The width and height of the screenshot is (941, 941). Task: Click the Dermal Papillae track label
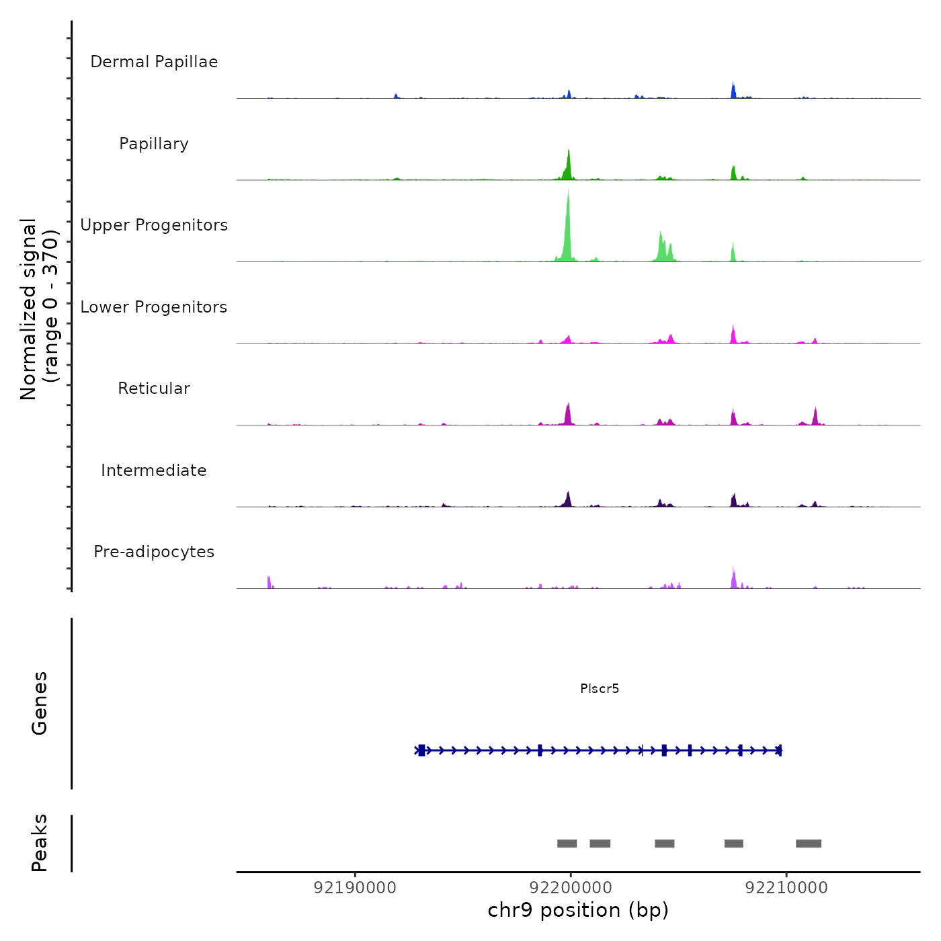click(154, 62)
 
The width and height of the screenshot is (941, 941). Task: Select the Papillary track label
click(154, 144)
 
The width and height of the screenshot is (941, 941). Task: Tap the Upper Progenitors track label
click(154, 225)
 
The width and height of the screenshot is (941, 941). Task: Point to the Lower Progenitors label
click(154, 307)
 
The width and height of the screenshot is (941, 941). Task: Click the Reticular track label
click(154, 388)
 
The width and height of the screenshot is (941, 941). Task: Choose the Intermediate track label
click(154, 470)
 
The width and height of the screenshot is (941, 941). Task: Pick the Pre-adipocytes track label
click(154, 552)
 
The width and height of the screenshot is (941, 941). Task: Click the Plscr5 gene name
click(600, 688)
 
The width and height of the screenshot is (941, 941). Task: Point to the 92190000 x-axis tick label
click(355, 888)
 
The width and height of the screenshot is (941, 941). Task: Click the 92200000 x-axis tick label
click(571, 888)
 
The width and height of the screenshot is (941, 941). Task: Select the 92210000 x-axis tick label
click(786, 888)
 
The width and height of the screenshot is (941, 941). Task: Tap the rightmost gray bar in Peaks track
click(809, 844)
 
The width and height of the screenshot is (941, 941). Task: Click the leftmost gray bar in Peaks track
click(567, 844)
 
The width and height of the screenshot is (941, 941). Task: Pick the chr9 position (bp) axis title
click(578, 910)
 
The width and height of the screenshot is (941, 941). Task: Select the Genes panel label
click(40, 703)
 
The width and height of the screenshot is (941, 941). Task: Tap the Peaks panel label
click(40, 843)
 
